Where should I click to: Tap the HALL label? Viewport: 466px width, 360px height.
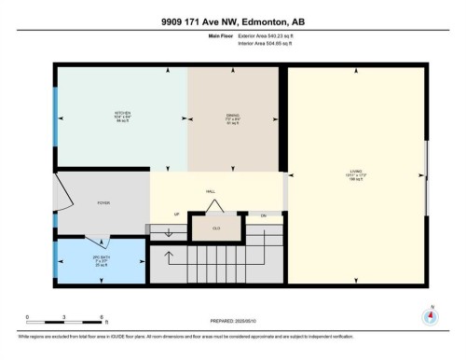click(x=211, y=191)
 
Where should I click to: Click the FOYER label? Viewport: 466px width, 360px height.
click(x=104, y=202)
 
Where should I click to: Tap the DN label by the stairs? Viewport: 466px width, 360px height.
click(x=264, y=215)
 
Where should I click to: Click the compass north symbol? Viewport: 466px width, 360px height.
click(x=430, y=316)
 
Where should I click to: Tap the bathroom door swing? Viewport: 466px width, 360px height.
click(x=96, y=239)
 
